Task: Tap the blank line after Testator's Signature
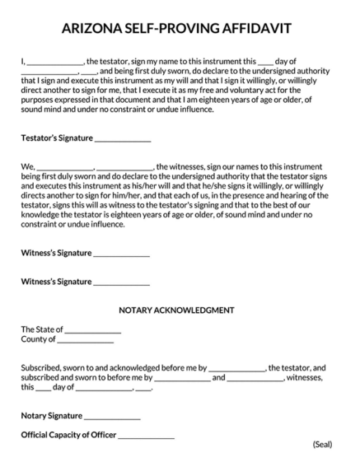tap(123, 140)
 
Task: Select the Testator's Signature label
tap(57, 138)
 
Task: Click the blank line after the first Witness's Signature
tap(122, 254)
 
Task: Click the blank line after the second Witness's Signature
tap(122, 282)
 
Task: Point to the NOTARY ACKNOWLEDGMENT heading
tap(177, 310)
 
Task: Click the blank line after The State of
tap(93, 331)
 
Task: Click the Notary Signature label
tap(51, 416)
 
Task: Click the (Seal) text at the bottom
tap(322, 445)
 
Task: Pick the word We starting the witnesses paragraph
tap(27, 166)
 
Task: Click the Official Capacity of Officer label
tap(68, 435)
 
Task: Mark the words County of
tap(38, 339)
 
